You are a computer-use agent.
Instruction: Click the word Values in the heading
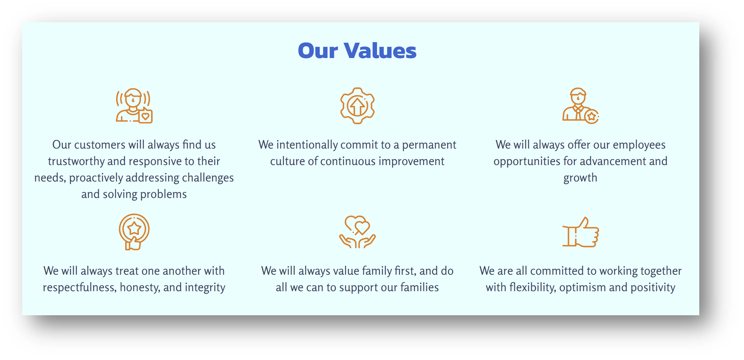coord(380,50)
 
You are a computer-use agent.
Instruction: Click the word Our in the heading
coord(318,50)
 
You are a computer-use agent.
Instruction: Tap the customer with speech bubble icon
coord(134,106)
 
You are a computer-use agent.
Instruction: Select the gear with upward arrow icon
coord(357,106)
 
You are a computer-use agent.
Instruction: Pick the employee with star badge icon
coord(580,106)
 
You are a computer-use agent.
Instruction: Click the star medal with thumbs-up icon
coord(134,232)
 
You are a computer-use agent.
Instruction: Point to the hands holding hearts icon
coord(357,232)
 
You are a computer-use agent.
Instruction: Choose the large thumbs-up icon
coord(580,232)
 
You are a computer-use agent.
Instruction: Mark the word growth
coord(580,178)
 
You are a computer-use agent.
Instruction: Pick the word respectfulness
coord(80,287)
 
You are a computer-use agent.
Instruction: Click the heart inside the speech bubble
coord(145,116)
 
